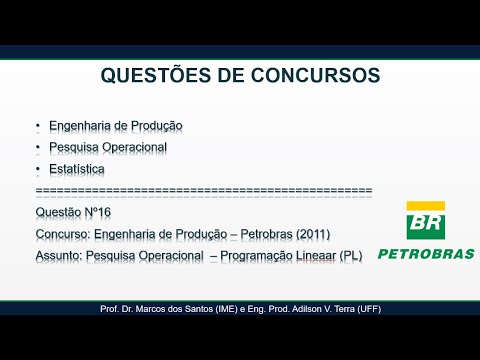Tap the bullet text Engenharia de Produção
[116, 126]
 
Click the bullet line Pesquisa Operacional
[108, 147]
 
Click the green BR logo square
[425, 221]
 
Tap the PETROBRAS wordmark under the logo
[426, 254]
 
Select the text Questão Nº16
[72, 212]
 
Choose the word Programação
[246, 255]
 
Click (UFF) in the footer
[368, 309]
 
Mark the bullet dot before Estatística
[38, 169]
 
